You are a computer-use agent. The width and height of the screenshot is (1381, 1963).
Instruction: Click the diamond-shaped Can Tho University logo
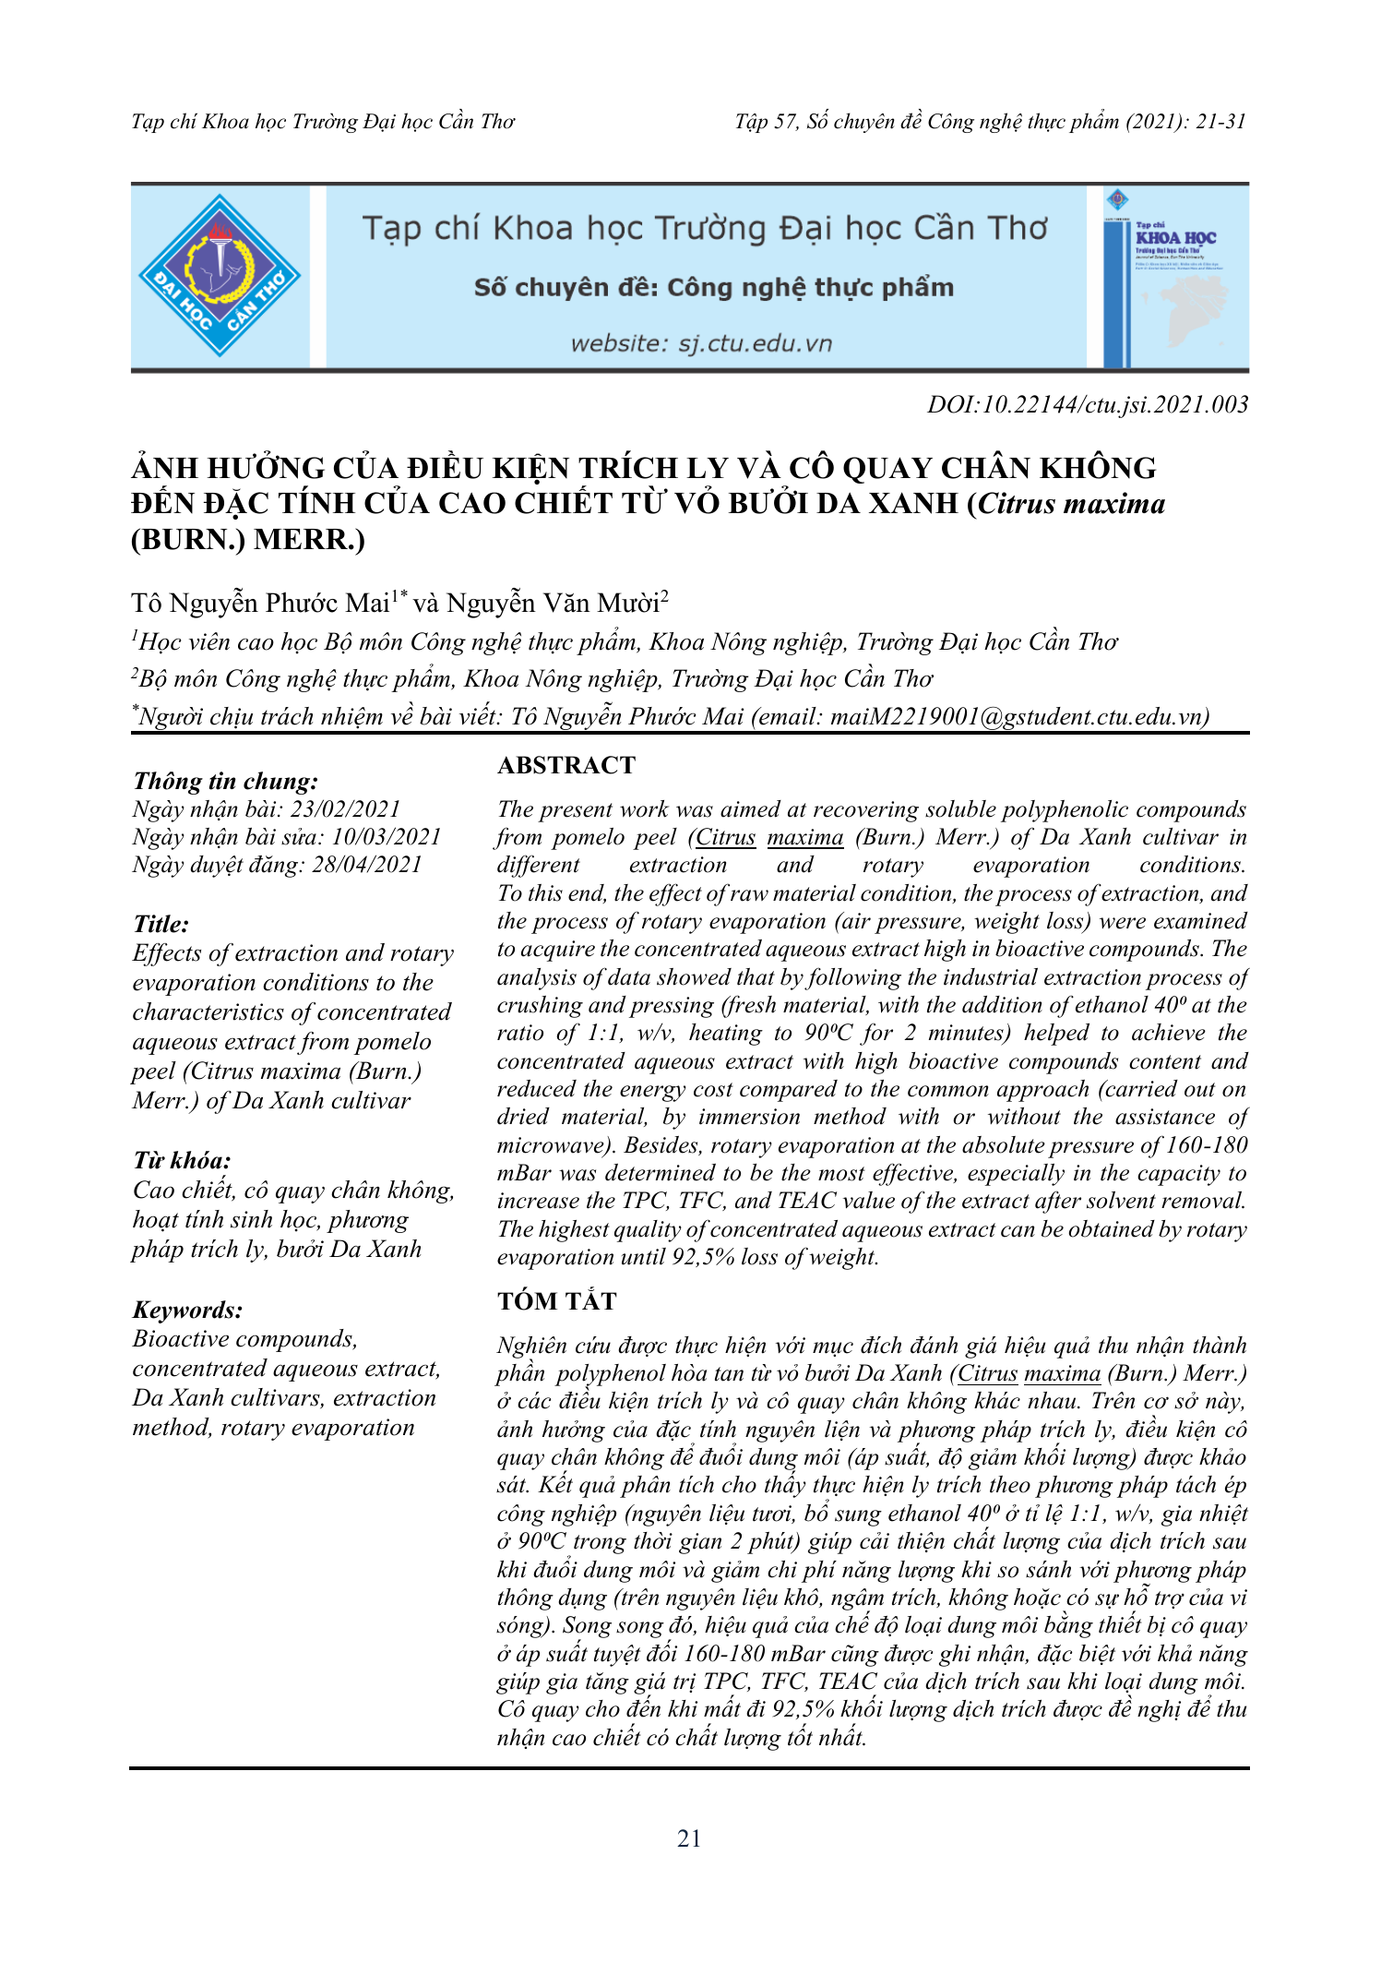[220, 276]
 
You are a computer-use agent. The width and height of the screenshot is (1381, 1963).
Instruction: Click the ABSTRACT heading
[566, 765]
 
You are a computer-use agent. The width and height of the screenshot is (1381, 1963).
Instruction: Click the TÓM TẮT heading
[556, 1301]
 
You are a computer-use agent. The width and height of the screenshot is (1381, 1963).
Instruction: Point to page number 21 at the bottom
[689, 1838]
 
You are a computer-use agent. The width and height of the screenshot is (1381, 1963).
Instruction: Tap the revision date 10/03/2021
[387, 837]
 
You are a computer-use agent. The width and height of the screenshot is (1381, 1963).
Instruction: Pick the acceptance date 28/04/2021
[366, 865]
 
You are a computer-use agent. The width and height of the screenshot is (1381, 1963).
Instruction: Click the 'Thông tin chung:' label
[226, 782]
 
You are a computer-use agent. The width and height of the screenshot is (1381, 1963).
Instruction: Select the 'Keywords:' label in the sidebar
[188, 1310]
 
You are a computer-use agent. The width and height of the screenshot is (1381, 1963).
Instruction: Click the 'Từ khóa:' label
[182, 1161]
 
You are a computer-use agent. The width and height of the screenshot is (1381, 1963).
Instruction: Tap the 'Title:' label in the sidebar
[161, 924]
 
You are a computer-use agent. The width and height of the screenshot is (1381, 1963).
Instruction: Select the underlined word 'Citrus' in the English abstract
[725, 838]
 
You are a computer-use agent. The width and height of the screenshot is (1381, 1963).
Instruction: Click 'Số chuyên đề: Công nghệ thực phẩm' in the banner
[714, 288]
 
